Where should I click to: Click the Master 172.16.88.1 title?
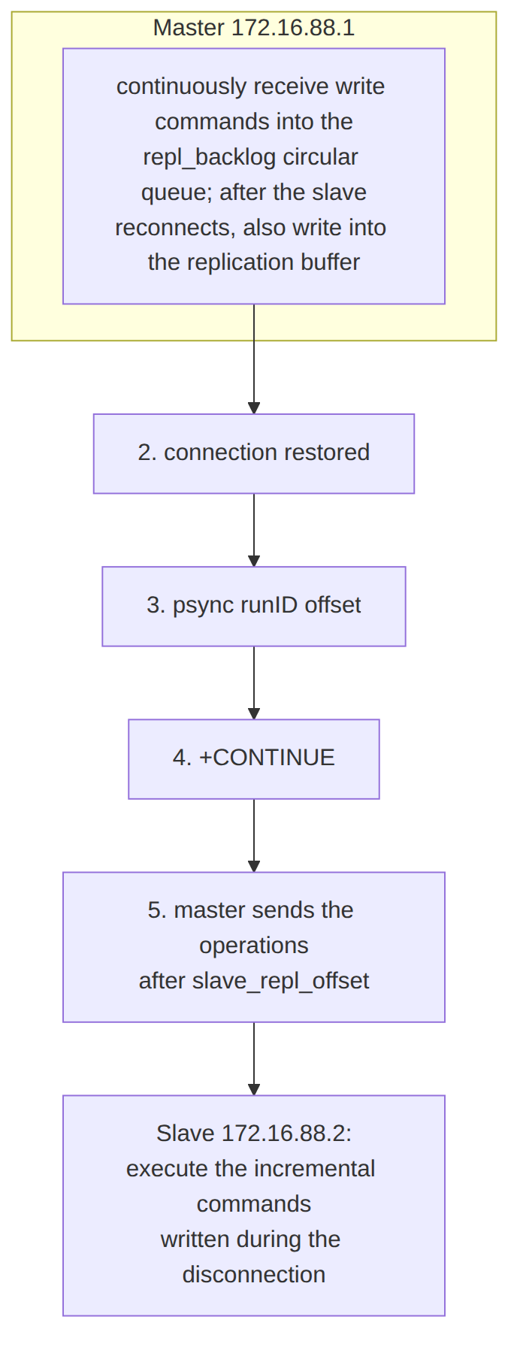point(254,28)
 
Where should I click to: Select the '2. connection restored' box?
point(254,454)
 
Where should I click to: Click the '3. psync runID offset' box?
point(254,607)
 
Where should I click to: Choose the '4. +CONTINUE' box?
point(254,759)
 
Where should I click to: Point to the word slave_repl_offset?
point(281,981)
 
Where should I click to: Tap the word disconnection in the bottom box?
point(254,1275)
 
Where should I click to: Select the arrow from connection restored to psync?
point(254,530)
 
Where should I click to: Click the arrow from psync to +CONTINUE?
point(254,683)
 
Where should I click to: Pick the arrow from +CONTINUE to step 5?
point(254,835)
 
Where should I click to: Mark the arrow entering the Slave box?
point(254,1058)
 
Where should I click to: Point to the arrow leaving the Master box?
point(254,359)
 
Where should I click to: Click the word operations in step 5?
point(254,946)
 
